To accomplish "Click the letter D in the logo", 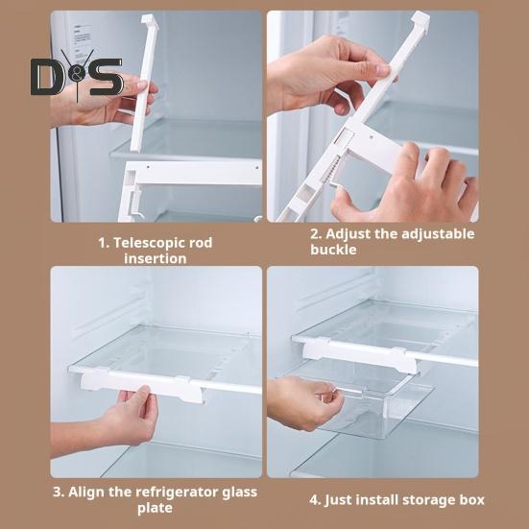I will (x=47, y=77).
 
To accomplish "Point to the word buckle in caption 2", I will (x=334, y=250).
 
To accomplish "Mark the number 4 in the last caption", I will (x=313, y=499).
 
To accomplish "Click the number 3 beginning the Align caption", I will (x=57, y=492).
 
